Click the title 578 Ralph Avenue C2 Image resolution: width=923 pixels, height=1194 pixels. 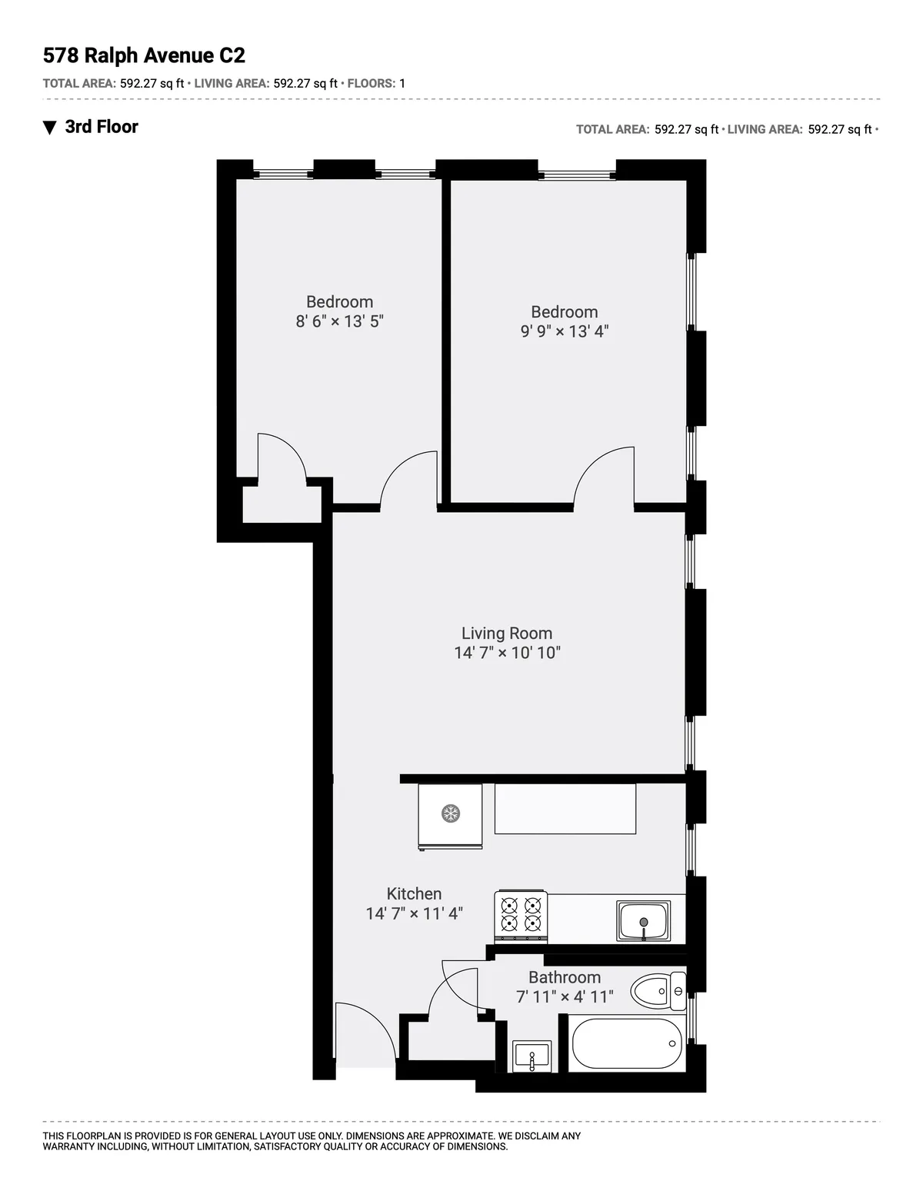click(144, 55)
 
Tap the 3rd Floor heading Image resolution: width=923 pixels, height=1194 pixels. click(102, 127)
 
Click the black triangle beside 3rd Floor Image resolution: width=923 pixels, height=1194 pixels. click(50, 128)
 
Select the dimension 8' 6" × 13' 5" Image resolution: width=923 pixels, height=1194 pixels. click(339, 321)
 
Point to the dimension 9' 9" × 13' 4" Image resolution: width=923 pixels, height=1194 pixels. click(565, 331)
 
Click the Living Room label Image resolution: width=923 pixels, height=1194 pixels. click(507, 634)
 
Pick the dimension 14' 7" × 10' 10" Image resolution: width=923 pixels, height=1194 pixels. click(507, 653)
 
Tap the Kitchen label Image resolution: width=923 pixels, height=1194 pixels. click(414, 893)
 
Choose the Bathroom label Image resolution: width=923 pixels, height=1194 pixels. click(565, 977)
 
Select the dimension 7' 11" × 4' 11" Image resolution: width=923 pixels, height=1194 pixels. click(565, 997)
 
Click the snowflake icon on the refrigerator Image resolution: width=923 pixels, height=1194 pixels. click(450, 813)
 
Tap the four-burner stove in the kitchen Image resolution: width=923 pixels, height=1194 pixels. click(521, 915)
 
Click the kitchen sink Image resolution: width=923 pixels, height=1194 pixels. click(644, 921)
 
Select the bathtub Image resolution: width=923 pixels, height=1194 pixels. click(626, 1044)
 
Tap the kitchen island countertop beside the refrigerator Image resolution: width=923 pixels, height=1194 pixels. click(565, 809)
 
